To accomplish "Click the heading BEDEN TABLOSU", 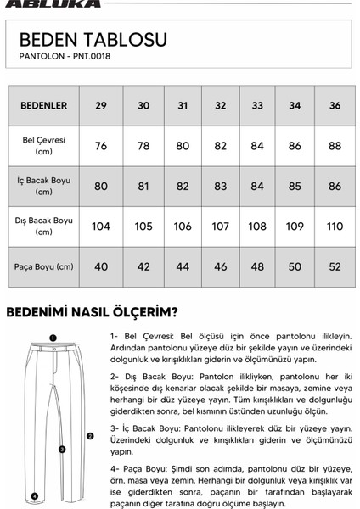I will click(x=93, y=40).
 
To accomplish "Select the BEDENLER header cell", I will click(x=44, y=106).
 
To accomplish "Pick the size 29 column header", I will click(x=101, y=106).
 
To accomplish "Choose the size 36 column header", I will click(x=335, y=106).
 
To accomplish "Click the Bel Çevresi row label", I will click(x=44, y=146).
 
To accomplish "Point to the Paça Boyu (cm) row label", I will click(x=44, y=266).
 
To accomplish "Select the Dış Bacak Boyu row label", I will click(x=44, y=226).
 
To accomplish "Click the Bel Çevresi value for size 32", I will click(x=221, y=146).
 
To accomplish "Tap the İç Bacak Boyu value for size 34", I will click(x=295, y=186).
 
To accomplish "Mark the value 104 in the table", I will click(x=101, y=227).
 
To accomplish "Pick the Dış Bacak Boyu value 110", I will click(x=335, y=227).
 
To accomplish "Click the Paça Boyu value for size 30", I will click(x=143, y=266).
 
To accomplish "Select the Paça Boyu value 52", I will click(x=335, y=266).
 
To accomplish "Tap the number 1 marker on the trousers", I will click(x=52, y=337).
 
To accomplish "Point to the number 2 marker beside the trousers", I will click(x=90, y=436).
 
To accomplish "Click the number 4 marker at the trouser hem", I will click(x=34, y=495).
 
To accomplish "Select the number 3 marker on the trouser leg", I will click(x=62, y=450).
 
